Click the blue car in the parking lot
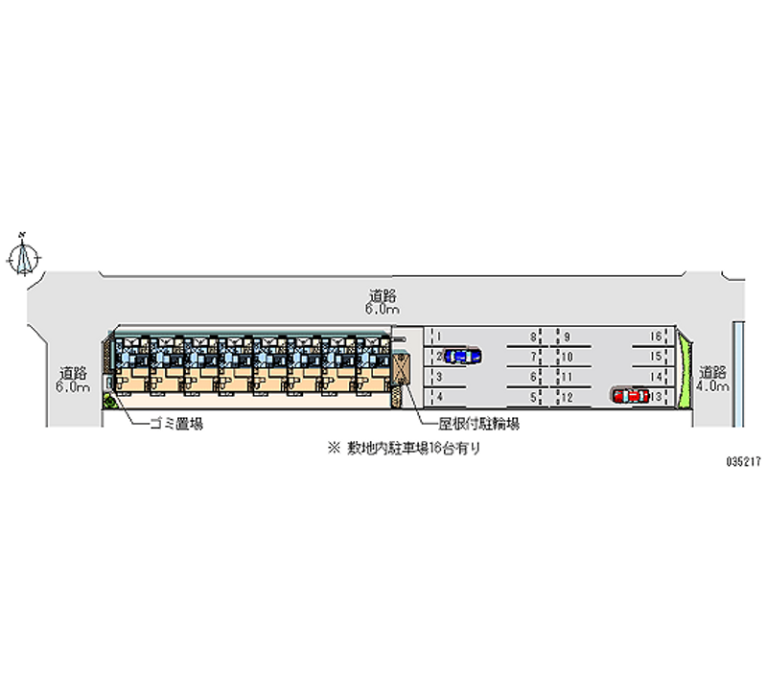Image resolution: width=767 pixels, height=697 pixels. (x=461, y=357)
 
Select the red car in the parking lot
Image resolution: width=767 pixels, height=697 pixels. (x=630, y=394)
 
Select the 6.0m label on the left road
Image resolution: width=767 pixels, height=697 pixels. (x=72, y=386)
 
